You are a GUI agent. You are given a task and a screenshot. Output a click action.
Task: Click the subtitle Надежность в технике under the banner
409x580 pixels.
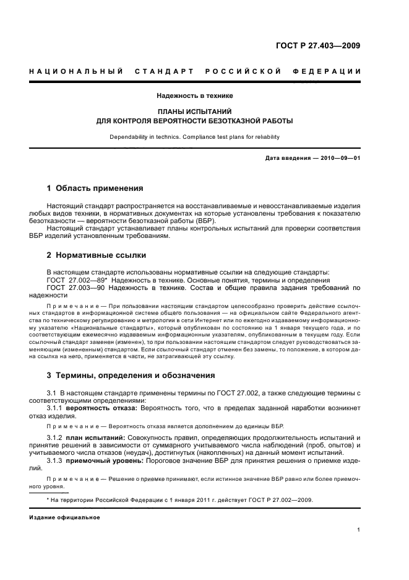194,95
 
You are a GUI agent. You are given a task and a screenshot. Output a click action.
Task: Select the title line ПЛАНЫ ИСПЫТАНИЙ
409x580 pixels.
194,112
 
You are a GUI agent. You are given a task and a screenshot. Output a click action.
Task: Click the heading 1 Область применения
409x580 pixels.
95,188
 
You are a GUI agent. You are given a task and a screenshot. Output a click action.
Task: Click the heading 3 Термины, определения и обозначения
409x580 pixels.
131,374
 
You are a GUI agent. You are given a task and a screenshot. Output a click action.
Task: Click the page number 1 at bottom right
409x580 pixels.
359,530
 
